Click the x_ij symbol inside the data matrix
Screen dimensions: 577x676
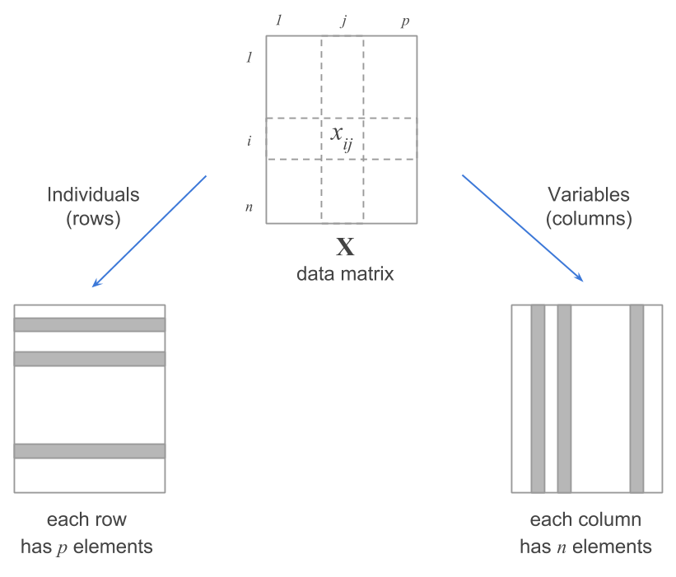(x=341, y=137)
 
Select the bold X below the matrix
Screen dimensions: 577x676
(x=346, y=246)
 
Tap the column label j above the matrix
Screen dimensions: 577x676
(x=343, y=21)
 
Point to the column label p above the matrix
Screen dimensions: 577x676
(x=404, y=21)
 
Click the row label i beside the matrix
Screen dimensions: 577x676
(x=249, y=140)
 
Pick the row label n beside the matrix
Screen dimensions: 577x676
(x=249, y=206)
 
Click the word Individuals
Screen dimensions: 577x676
(x=93, y=195)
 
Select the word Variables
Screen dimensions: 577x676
(x=589, y=195)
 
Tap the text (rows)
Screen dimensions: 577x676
(x=93, y=220)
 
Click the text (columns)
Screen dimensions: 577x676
(x=589, y=220)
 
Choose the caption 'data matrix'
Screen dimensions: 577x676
(x=346, y=273)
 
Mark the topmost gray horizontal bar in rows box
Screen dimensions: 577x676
(x=90, y=324)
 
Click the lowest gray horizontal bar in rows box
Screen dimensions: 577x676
(x=90, y=451)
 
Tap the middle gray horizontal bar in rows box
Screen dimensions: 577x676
(x=90, y=359)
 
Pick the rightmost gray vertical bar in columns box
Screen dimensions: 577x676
(x=636, y=398)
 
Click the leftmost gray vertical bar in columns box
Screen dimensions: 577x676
(x=538, y=398)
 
